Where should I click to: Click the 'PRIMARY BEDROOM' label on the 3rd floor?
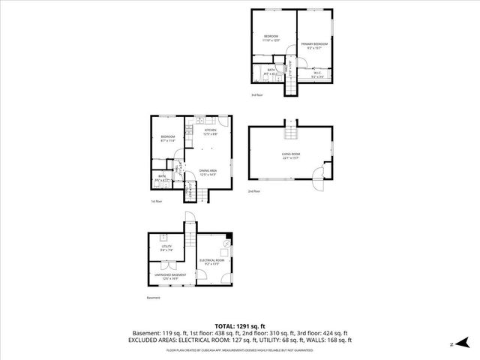tap(315, 44)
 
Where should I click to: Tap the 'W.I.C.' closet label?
tap(317, 73)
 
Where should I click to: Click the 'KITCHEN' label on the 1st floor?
tap(210, 130)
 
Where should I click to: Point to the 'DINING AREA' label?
tap(208, 171)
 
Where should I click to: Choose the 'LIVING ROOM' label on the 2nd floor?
tap(290, 154)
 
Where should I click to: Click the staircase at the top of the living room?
tap(290, 131)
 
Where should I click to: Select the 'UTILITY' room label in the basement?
tap(166, 246)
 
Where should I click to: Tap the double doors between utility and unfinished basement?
tap(167, 263)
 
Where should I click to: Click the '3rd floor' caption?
tap(257, 94)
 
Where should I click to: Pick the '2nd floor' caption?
tap(253, 191)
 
